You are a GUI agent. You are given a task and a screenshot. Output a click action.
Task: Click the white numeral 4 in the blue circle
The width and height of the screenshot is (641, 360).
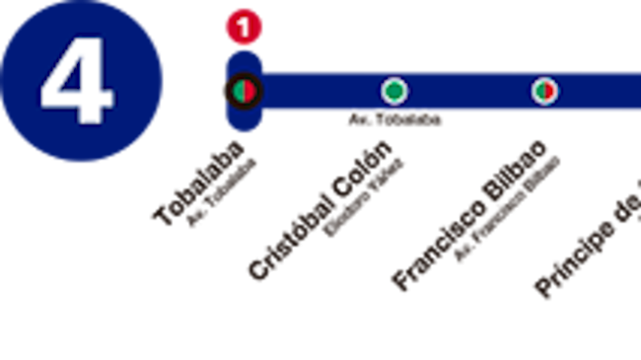[x=77, y=86]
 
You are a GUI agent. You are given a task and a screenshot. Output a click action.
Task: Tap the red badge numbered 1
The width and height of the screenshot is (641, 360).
[x=244, y=27]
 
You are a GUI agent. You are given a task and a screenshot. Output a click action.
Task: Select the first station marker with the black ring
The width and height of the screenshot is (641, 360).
[x=243, y=91]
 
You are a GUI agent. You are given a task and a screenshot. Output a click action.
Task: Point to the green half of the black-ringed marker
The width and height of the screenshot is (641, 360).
[x=238, y=91]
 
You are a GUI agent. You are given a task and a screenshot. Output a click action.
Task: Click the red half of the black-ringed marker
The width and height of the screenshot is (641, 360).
[x=249, y=91]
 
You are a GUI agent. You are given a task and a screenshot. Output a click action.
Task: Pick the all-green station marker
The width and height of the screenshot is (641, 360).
[x=393, y=92]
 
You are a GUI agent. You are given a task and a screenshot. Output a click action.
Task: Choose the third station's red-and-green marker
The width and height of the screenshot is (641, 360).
[x=542, y=92]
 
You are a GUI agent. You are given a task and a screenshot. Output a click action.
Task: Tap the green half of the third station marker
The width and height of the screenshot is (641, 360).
[x=537, y=92]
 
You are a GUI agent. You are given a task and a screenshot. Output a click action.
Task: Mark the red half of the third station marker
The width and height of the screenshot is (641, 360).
[x=547, y=92]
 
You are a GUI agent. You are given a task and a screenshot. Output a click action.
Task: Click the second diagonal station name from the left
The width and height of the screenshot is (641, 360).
[x=325, y=209]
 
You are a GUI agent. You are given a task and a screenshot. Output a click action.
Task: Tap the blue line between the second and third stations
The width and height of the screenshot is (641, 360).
[x=468, y=92]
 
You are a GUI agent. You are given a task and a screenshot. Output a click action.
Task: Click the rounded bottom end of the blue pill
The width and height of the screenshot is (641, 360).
[x=244, y=126]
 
